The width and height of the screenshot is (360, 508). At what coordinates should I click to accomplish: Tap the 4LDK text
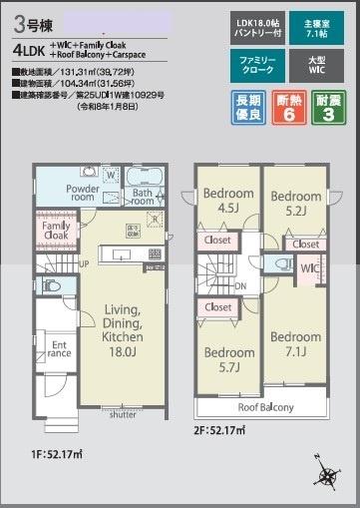click(x=31, y=47)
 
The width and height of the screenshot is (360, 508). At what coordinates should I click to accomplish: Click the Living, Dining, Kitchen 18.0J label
click(x=108, y=329)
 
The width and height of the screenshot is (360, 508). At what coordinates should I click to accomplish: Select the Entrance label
click(x=59, y=349)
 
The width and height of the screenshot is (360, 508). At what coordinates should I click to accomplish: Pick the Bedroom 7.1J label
click(x=295, y=344)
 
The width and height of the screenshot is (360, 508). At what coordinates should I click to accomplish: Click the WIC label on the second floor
click(x=310, y=268)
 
